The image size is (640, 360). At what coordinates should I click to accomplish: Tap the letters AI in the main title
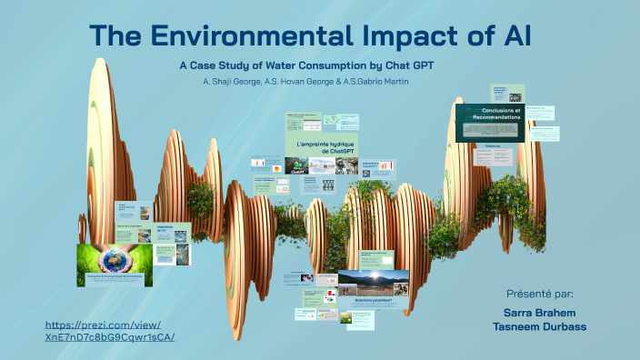[510, 37]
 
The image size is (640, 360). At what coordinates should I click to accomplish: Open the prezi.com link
[109, 331]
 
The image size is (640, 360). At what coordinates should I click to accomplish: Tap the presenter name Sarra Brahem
[542, 310]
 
